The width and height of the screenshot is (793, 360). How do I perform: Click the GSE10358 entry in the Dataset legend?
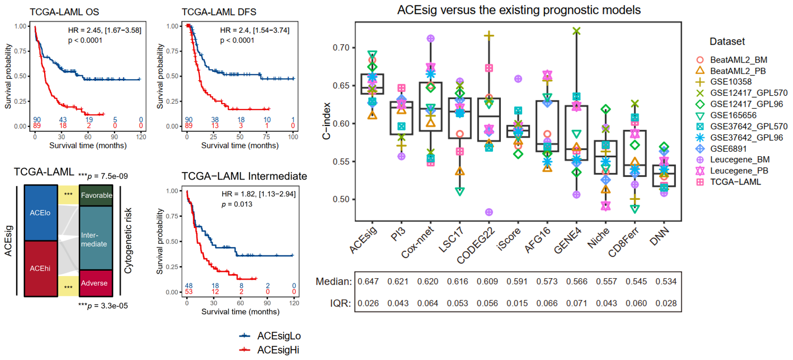(x=730, y=82)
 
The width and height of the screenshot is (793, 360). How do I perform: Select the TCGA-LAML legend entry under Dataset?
(x=735, y=182)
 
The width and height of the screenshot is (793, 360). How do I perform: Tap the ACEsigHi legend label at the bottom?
(x=278, y=350)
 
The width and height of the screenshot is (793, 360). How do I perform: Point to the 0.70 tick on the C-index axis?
(x=341, y=48)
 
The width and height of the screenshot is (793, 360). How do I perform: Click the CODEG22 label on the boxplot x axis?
(x=476, y=245)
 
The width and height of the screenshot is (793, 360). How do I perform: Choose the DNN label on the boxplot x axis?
(x=660, y=236)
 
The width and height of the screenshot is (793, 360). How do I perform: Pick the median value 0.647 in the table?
(x=368, y=282)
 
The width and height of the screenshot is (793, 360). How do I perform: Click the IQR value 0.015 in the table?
(x=517, y=303)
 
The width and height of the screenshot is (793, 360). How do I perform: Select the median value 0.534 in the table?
(x=666, y=282)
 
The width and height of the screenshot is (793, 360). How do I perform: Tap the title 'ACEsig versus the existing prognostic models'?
(x=519, y=10)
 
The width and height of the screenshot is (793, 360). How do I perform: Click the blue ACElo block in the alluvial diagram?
(x=41, y=213)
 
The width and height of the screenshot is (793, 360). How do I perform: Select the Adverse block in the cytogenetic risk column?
(x=96, y=283)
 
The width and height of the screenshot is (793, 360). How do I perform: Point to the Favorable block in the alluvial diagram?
(x=96, y=195)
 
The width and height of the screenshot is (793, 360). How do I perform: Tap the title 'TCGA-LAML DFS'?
(x=219, y=12)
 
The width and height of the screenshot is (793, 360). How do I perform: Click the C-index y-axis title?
(x=326, y=121)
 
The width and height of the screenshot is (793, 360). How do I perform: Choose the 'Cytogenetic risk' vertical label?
(x=128, y=240)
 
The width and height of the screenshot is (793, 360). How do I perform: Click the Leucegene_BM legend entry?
(x=739, y=160)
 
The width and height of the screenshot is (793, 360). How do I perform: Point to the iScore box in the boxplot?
(x=518, y=131)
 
